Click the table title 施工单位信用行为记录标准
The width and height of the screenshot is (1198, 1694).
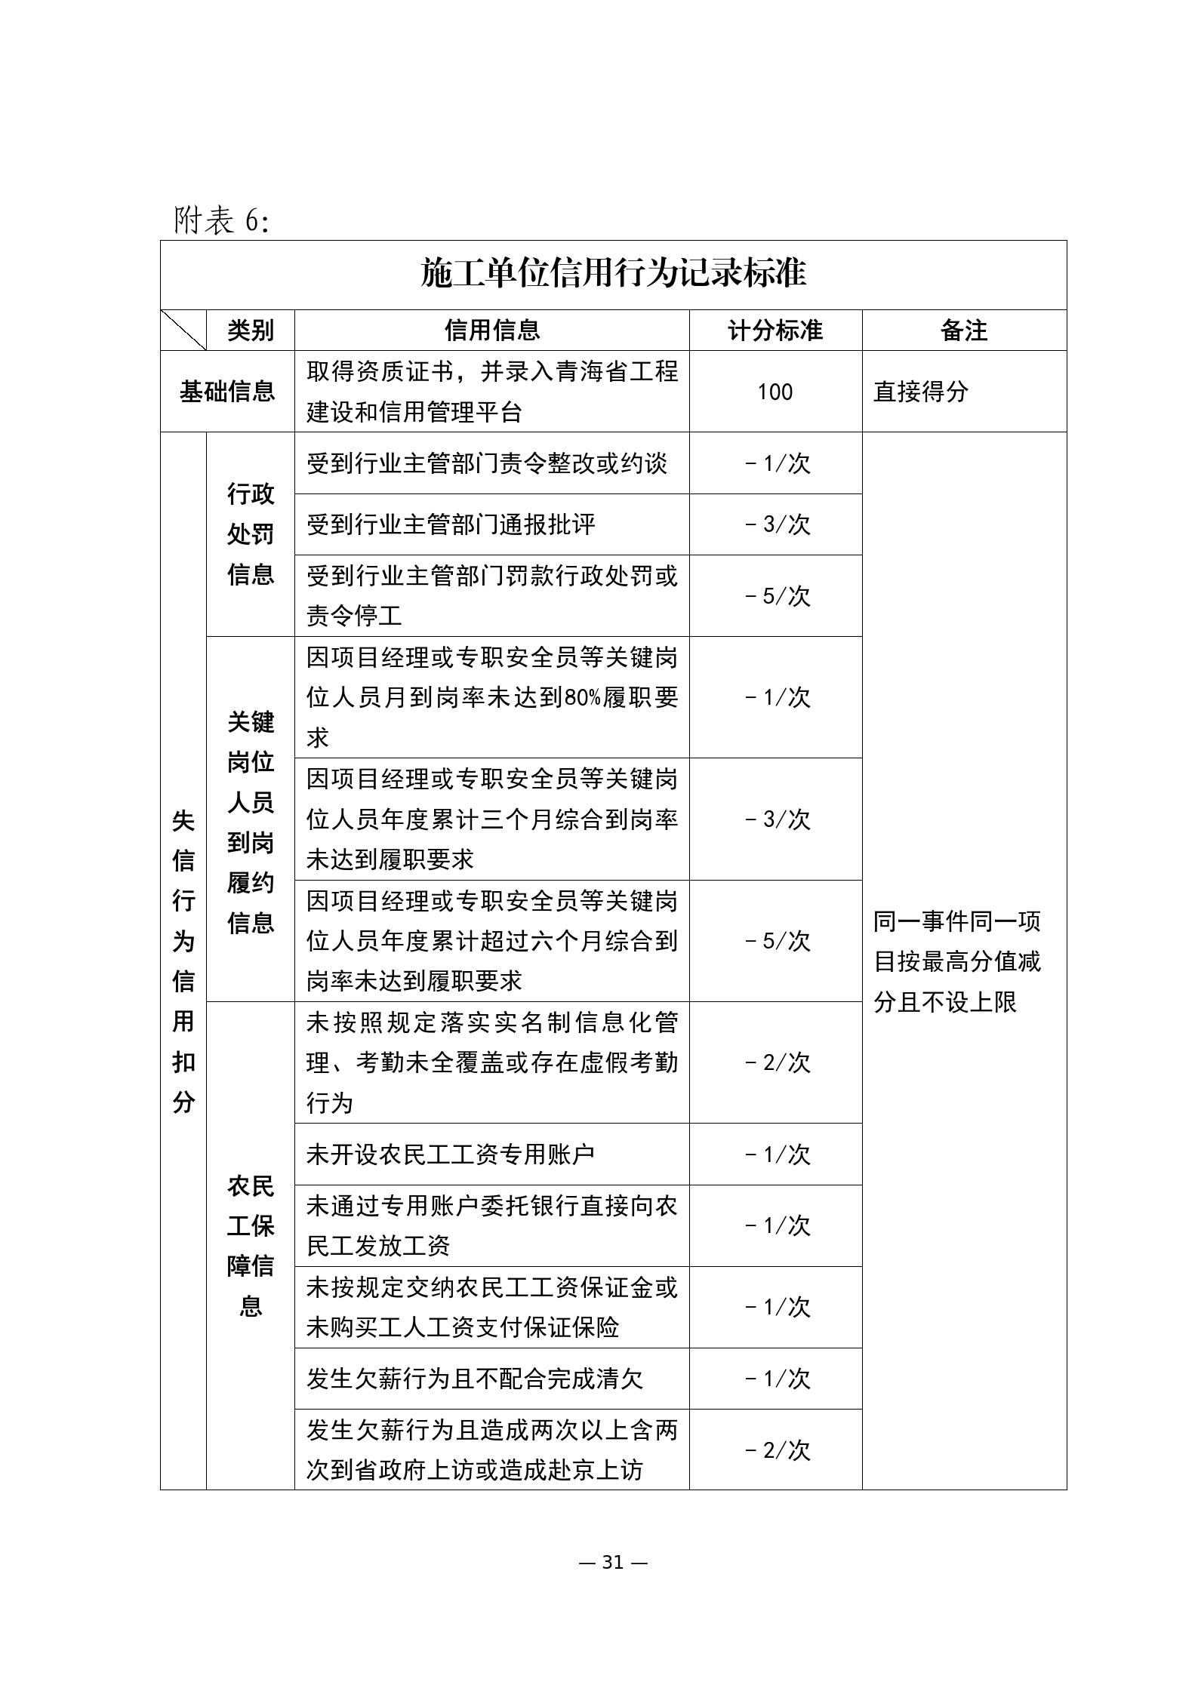point(613,273)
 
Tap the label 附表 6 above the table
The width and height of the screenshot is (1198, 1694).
point(221,220)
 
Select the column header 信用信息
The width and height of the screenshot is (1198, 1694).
point(491,330)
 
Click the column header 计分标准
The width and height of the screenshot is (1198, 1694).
point(775,330)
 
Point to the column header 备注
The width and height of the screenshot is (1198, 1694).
point(964,330)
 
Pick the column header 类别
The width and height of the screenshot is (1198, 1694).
point(250,330)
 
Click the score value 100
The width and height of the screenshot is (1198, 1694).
point(775,392)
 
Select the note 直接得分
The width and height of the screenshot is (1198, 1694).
point(920,392)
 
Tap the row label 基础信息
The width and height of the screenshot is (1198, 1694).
point(227,392)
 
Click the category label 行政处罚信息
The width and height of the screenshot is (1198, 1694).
point(251,534)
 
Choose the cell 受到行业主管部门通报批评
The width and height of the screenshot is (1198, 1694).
point(451,524)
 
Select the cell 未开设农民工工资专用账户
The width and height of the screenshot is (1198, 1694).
point(451,1154)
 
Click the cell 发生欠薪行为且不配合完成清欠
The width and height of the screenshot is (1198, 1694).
point(475,1379)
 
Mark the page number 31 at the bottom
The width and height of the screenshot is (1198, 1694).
point(613,1562)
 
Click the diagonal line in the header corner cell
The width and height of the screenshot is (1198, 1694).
point(183,330)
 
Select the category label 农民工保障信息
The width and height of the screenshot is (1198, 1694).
point(251,1246)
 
